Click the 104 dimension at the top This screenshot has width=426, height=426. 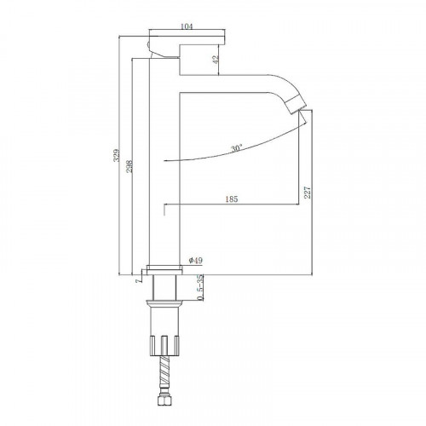point(187,26)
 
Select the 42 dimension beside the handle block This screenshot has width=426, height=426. point(216,59)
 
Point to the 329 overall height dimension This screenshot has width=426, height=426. point(117,155)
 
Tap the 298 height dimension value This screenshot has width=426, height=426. point(130,167)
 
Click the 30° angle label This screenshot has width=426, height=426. point(237,148)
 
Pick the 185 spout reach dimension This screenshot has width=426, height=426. point(232,199)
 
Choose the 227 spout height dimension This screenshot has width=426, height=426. point(308,193)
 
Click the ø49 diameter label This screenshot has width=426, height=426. point(196,260)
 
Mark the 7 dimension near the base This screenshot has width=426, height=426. point(139,280)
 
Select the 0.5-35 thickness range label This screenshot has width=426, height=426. point(200,287)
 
